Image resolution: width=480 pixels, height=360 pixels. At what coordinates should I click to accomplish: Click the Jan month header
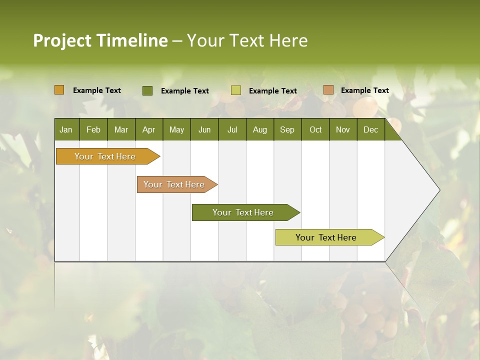click(x=66, y=129)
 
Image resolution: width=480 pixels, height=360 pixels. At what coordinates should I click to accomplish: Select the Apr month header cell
click(x=148, y=129)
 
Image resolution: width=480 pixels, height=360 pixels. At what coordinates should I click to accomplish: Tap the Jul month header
click(x=232, y=129)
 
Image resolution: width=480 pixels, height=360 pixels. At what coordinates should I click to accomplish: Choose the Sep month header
click(x=287, y=129)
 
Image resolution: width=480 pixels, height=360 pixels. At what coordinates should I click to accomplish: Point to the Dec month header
click(x=370, y=129)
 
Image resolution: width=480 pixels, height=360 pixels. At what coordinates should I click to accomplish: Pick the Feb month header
click(x=93, y=129)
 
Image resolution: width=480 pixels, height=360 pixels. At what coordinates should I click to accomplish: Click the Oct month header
click(x=315, y=129)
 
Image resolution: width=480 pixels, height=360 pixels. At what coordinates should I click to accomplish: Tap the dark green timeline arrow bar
click(x=243, y=212)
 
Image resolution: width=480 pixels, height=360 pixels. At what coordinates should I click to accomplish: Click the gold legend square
click(x=59, y=90)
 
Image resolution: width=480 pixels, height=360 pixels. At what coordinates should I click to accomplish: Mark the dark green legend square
click(x=147, y=90)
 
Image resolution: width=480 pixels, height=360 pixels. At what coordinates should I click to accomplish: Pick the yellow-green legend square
click(x=236, y=90)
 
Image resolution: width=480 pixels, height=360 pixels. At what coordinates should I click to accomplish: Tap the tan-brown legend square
click(x=328, y=90)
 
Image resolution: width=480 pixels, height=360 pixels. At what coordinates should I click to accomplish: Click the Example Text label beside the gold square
click(x=97, y=90)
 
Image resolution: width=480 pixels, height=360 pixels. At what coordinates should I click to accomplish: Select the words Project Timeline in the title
click(x=100, y=40)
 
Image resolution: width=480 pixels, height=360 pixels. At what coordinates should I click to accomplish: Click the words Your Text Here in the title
click(x=247, y=40)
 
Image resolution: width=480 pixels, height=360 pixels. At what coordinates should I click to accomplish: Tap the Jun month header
click(x=204, y=129)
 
